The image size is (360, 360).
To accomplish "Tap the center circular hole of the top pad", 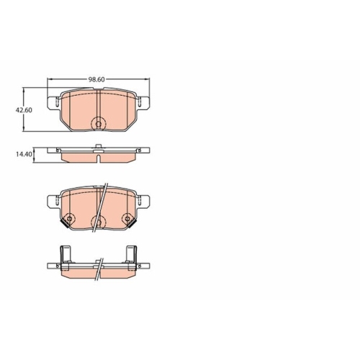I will tap(99, 122).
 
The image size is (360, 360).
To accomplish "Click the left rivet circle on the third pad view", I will tap(69, 220).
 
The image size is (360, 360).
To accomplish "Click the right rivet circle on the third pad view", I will tap(127, 220).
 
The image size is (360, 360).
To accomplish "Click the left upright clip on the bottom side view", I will tap(66, 254).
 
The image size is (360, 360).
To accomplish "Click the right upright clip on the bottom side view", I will tap(132, 254).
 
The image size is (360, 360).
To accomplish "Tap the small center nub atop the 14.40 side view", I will tap(98, 148).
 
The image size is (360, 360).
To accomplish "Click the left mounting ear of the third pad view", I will tap(50, 201).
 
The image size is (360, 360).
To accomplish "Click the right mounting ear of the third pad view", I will tap(147, 201).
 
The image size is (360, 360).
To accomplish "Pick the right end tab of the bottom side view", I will tap(147, 267).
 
